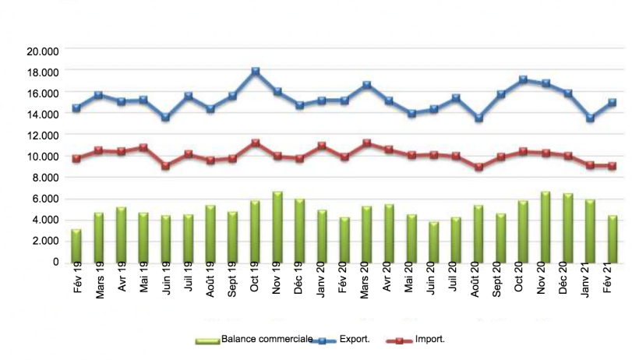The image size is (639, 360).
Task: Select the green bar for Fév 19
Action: tap(76, 245)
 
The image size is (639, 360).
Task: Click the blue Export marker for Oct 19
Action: tap(255, 71)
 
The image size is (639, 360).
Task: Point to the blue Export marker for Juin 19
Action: tap(165, 117)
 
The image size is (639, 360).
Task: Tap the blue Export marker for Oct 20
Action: tap(523, 79)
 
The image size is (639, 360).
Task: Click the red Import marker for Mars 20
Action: tap(367, 143)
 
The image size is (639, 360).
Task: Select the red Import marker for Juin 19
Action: tap(165, 166)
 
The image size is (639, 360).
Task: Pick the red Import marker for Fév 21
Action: tap(613, 165)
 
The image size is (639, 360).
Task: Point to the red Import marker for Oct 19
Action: tap(255, 143)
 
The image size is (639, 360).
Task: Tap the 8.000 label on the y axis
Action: tap(45, 178)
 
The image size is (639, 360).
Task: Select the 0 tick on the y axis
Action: tap(55, 263)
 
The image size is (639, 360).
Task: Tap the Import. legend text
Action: tap(429, 340)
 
